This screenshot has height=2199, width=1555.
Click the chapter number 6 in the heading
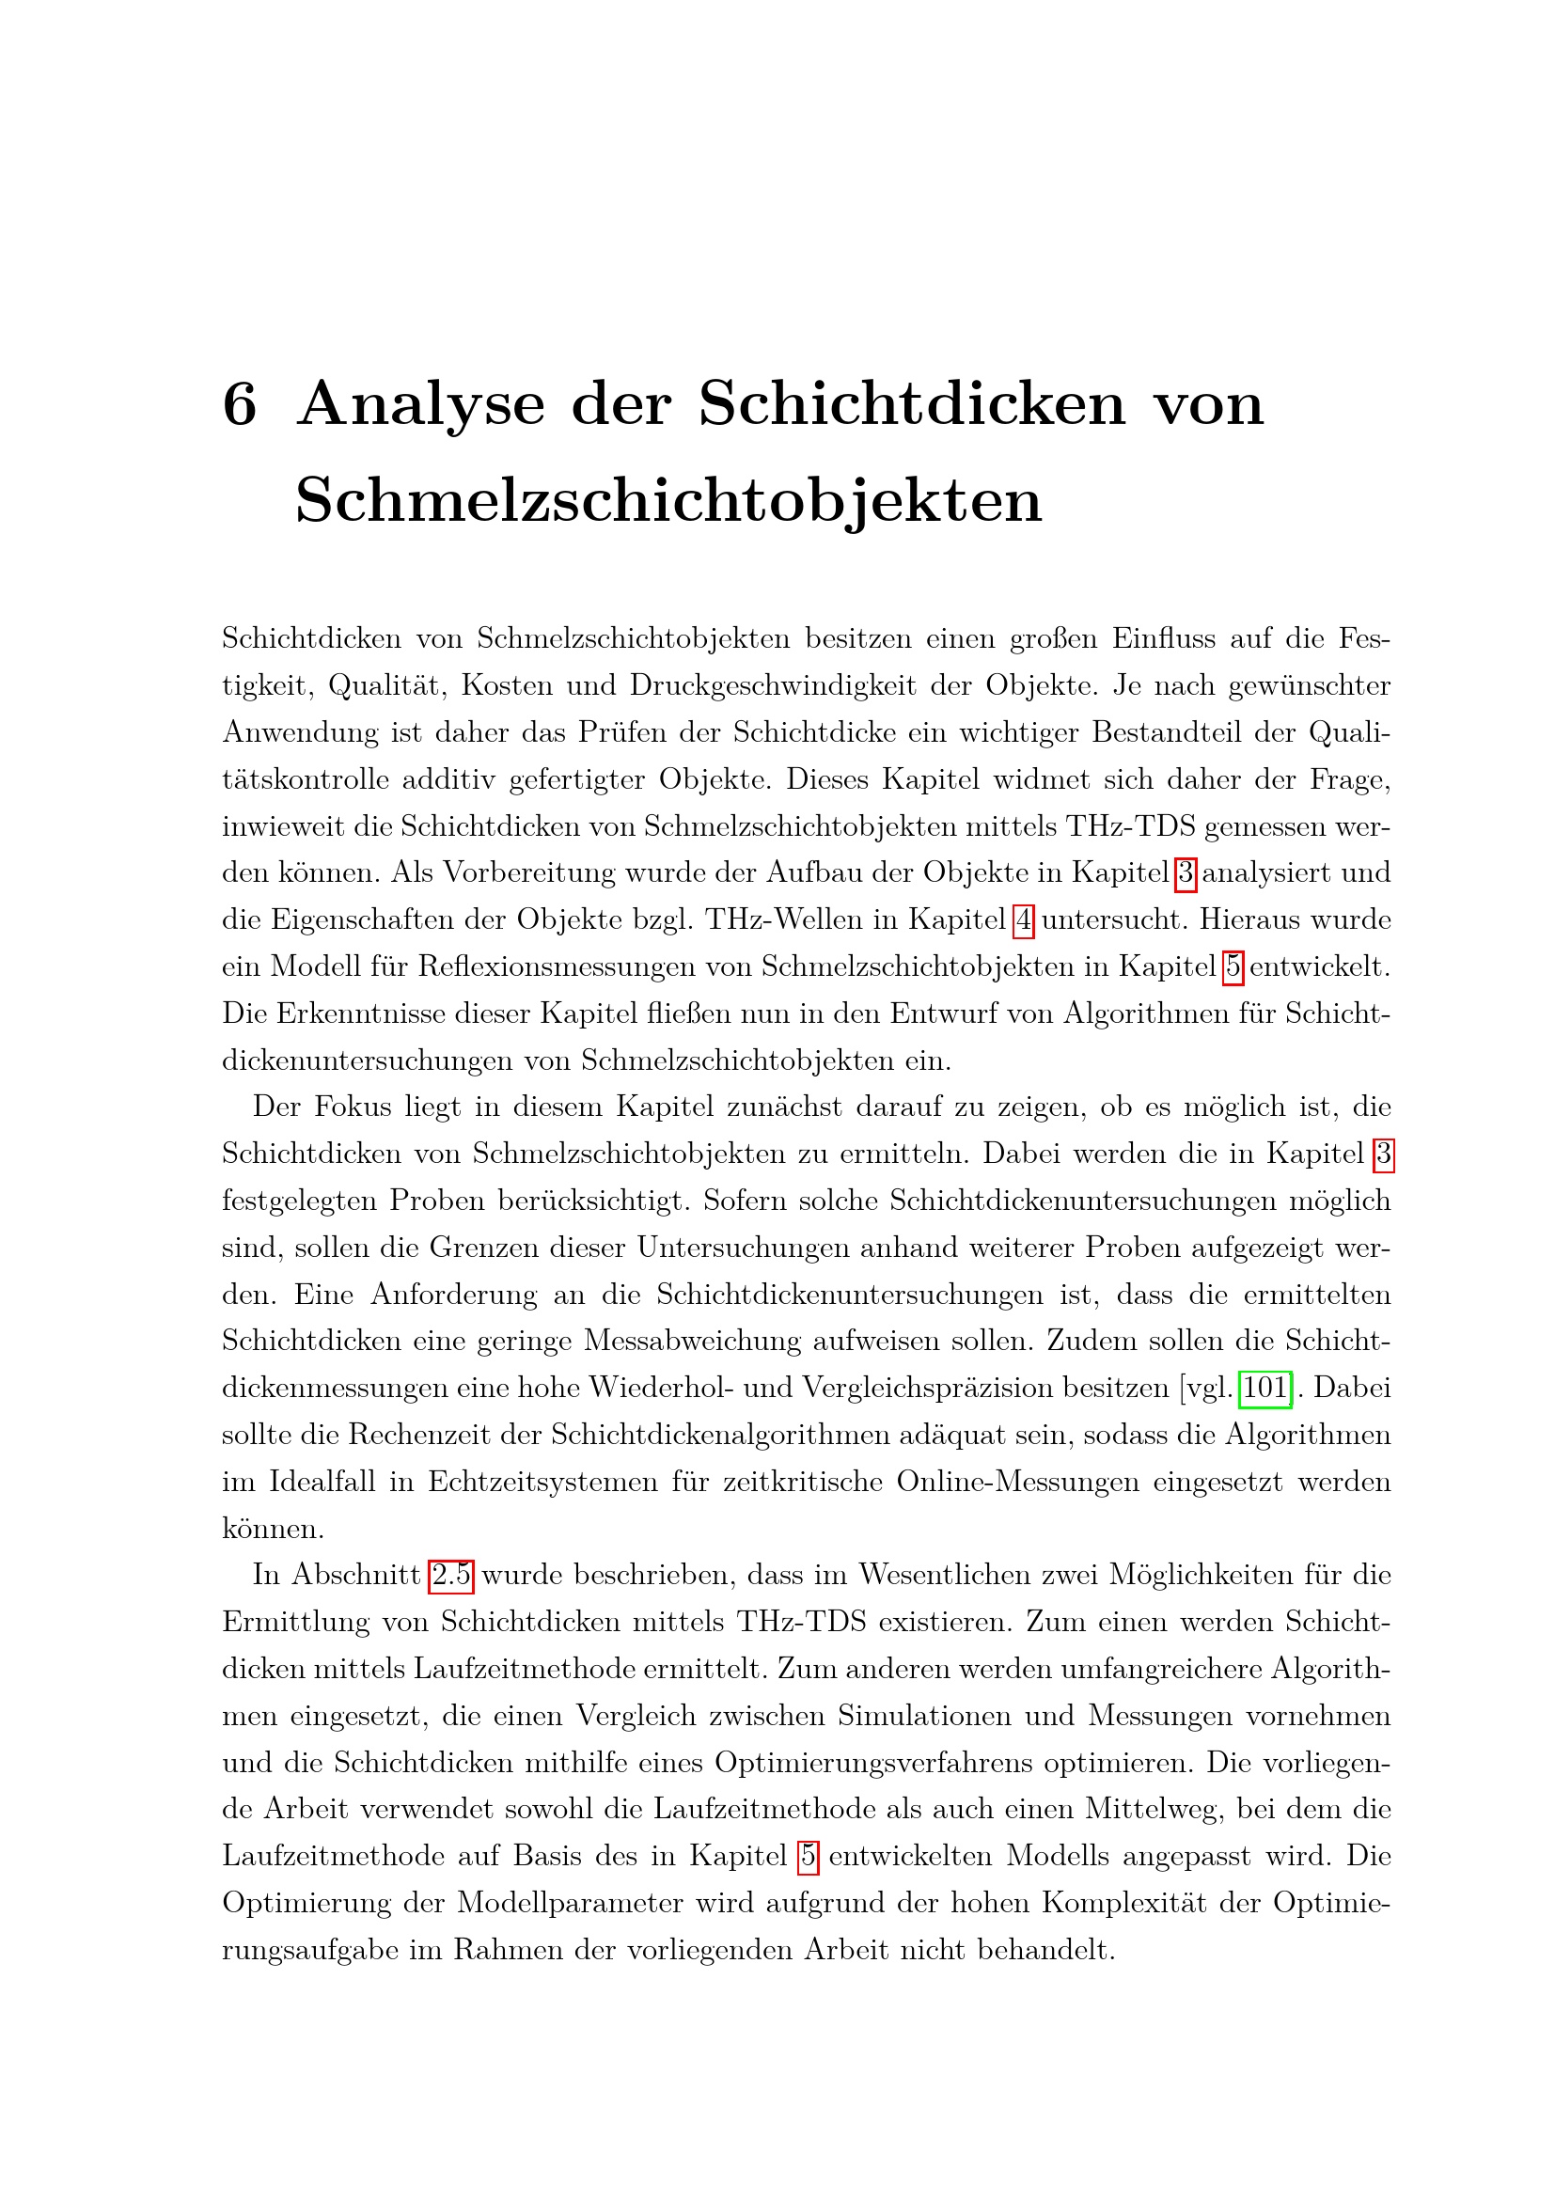click(240, 404)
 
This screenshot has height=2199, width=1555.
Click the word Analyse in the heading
click(421, 406)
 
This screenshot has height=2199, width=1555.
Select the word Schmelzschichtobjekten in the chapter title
click(668, 500)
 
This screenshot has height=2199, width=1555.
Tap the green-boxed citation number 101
click(1264, 1388)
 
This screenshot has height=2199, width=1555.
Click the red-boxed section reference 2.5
click(451, 1576)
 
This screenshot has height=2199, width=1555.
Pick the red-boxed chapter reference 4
click(1024, 920)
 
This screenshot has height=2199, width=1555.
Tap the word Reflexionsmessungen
click(556, 967)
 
